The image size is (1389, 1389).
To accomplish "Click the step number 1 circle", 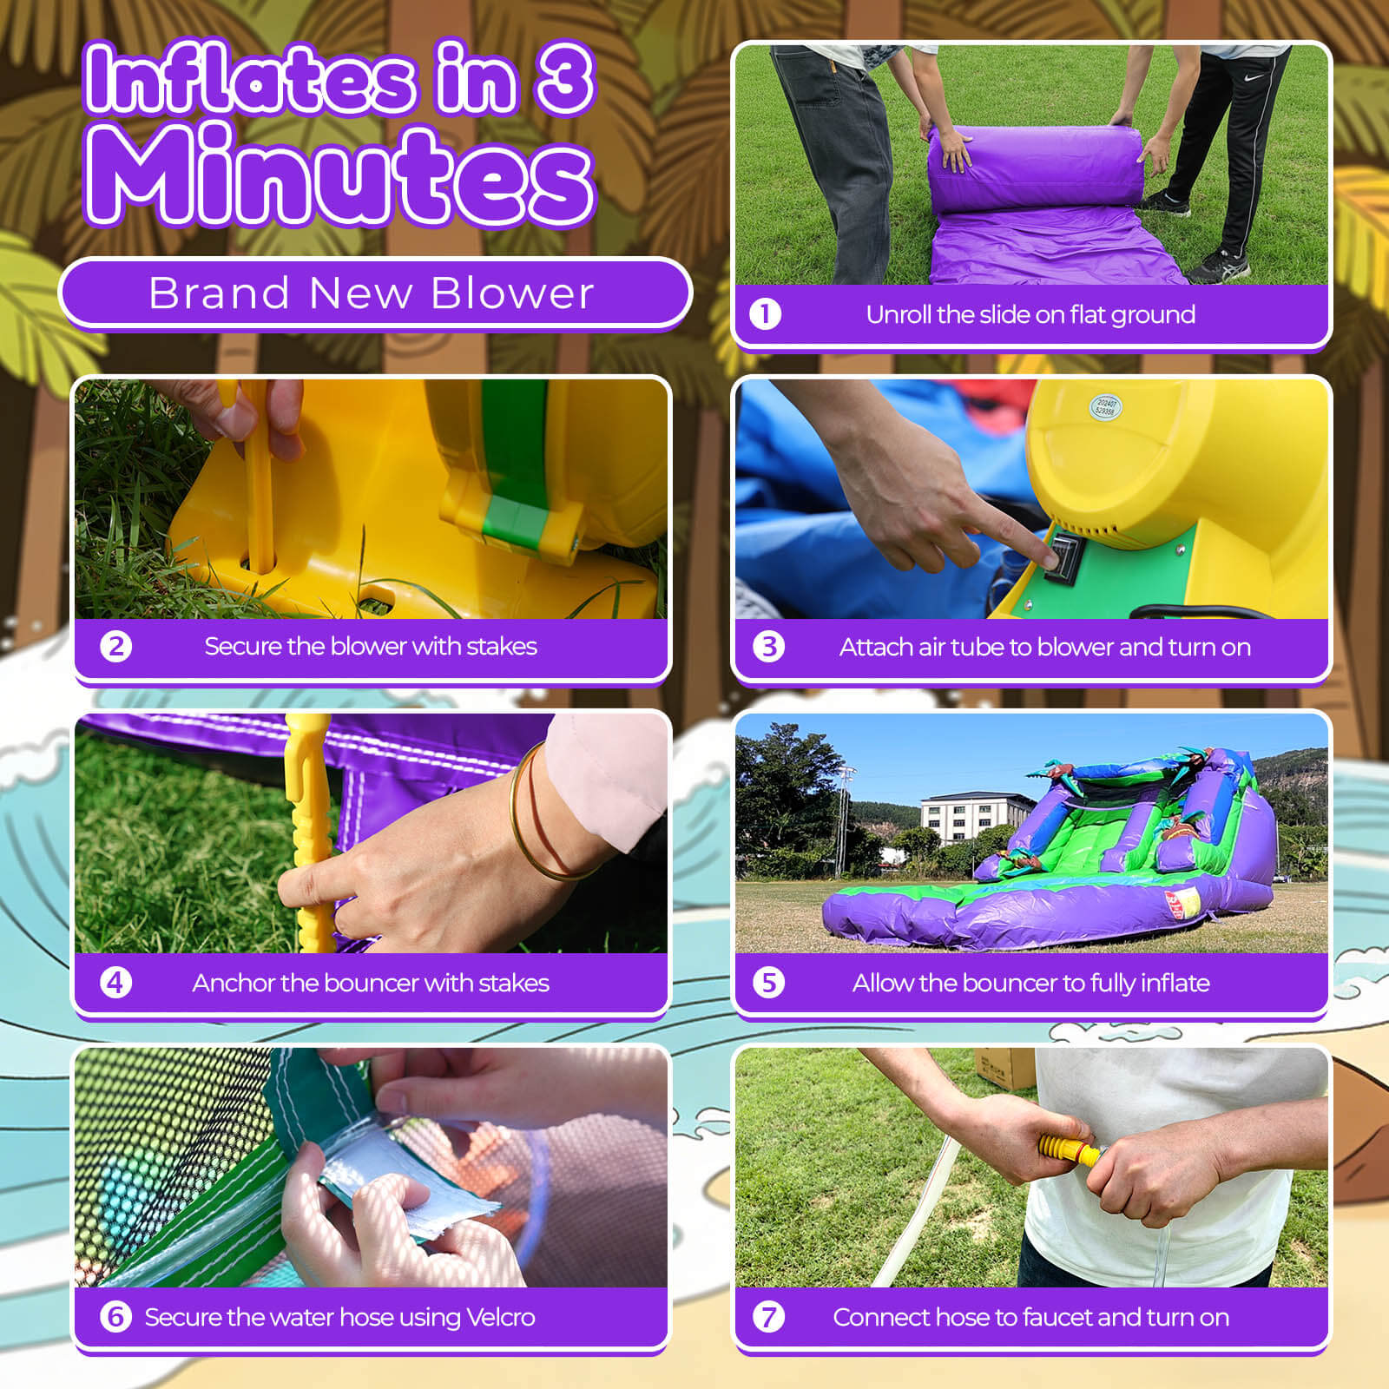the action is [x=765, y=314].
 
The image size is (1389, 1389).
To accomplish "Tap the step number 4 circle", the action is [x=115, y=983].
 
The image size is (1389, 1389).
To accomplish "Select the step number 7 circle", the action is [x=768, y=1317].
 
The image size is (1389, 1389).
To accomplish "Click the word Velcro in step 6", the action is [x=501, y=1317].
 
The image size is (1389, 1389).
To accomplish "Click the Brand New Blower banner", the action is [x=375, y=293].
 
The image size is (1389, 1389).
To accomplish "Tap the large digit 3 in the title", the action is [x=565, y=78].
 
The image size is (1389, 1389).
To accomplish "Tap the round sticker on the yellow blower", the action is [x=1106, y=406].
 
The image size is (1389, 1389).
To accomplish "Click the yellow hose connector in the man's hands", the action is [x=1070, y=1150].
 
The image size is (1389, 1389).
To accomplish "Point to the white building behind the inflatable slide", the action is [x=967, y=817].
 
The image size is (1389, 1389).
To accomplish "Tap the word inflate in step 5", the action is [x=1175, y=983].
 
